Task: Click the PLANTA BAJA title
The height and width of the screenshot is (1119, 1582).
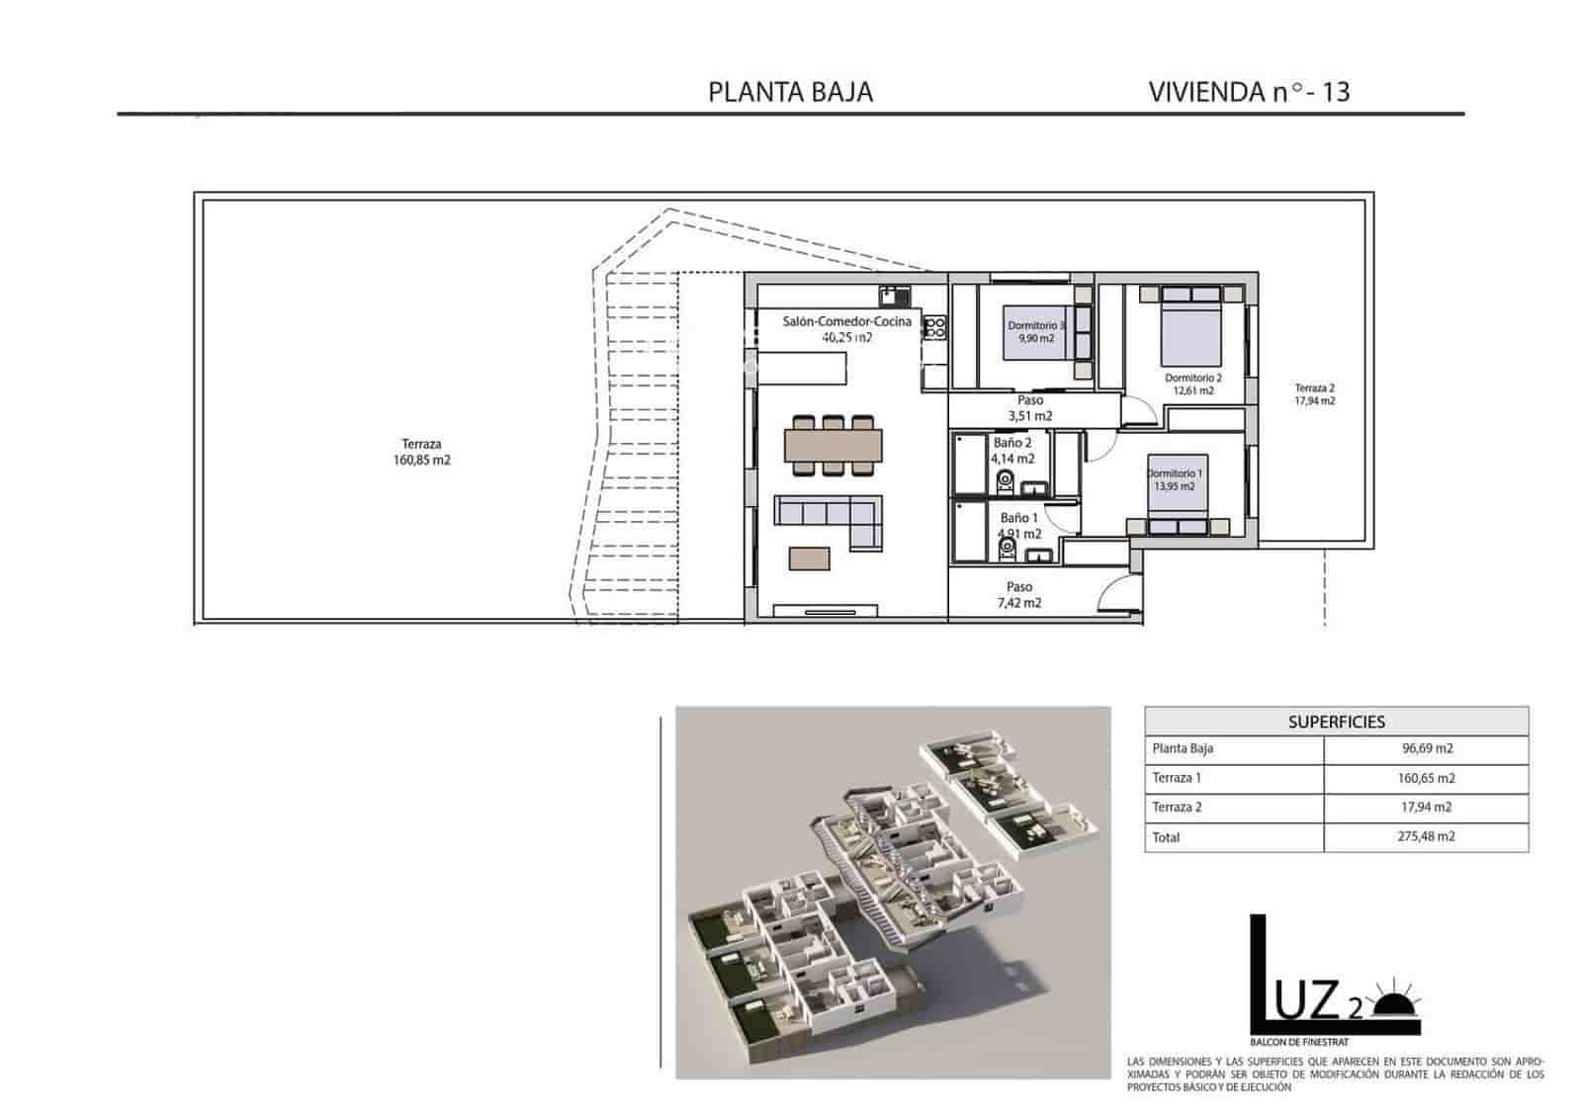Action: coord(790,92)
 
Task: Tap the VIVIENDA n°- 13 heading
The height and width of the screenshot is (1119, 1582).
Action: coord(1249,92)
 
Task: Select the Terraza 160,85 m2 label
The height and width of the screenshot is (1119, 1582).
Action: coord(421,453)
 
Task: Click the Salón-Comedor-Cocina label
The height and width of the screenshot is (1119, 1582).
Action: coord(846,322)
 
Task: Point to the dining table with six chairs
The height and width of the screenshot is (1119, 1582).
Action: coord(833,445)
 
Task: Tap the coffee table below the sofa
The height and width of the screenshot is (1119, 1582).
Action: coord(810,559)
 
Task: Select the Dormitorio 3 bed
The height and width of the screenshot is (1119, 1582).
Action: coord(1036,331)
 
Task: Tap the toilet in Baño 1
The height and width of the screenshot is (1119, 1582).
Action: coord(1008,546)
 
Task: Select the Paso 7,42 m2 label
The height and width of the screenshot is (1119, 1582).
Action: coord(1018,595)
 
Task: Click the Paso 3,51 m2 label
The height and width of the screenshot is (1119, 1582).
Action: coord(1029,408)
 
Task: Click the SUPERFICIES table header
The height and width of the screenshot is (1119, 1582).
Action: coord(1336,722)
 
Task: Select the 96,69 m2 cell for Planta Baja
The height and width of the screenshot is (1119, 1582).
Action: coord(1426,749)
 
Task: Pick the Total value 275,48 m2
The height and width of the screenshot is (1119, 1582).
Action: coord(1426,837)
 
